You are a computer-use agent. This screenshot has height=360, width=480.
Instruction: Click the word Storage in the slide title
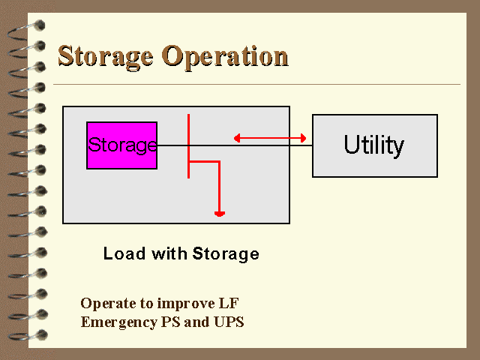(106, 57)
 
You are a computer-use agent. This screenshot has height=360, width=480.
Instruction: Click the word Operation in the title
(225, 57)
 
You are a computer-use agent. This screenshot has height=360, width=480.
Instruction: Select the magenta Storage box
(121, 145)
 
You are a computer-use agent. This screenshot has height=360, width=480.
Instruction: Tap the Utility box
(375, 145)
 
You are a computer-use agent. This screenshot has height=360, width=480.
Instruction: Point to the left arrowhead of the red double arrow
(237, 138)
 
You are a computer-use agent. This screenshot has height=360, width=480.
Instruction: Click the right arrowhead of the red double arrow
(303, 138)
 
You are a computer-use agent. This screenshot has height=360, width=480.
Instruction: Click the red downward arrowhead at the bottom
(220, 214)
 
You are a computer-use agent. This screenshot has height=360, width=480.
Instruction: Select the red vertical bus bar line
(188, 146)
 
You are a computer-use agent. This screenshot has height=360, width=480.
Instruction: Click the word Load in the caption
(124, 253)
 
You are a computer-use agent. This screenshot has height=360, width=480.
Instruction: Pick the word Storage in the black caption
(226, 254)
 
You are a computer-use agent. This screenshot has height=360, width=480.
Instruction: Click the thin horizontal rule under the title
(256, 84)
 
